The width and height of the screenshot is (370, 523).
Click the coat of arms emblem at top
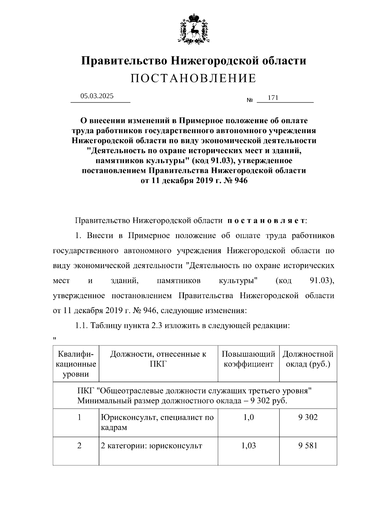point(194,29)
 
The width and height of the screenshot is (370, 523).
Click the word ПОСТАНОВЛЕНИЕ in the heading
point(193,79)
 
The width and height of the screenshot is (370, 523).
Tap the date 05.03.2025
point(97,96)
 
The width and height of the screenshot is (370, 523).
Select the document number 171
point(273,98)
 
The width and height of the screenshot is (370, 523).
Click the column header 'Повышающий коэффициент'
point(248,359)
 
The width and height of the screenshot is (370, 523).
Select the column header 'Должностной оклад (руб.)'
point(308,359)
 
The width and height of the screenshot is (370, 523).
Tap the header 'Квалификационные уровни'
point(76,364)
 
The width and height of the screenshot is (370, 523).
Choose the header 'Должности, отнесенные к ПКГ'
point(158,359)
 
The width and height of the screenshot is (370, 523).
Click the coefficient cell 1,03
point(248,446)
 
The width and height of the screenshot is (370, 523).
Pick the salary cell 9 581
point(308,446)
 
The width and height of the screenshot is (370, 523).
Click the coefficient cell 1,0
point(248,417)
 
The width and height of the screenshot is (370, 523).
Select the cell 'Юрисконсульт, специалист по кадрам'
point(157,423)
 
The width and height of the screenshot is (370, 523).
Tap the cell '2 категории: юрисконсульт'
point(151,446)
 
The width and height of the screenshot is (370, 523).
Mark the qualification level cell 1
point(79,417)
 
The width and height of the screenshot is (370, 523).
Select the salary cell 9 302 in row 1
point(308,417)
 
